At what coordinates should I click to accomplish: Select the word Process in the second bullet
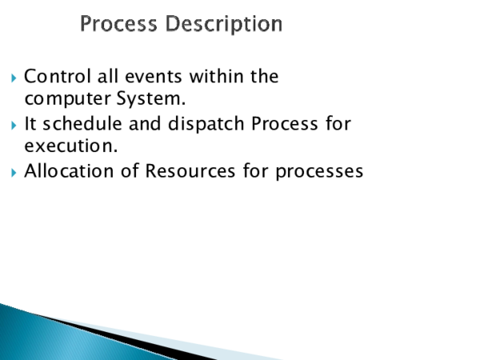click(x=280, y=124)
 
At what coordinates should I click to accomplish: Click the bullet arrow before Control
click(x=14, y=78)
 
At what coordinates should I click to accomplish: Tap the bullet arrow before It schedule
click(x=14, y=125)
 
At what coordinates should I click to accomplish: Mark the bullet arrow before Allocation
click(x=14, y=171)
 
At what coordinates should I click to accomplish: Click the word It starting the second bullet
click(x=31, y=124)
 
